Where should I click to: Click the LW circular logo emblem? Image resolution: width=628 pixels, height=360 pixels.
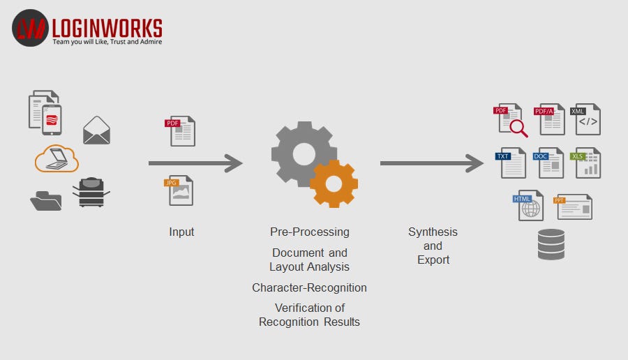click(29, 28)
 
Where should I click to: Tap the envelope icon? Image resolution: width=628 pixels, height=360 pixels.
click(96, 130)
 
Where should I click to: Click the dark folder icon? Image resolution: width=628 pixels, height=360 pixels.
click(45, 200)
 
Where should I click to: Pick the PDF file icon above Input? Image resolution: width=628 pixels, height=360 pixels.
click(181, 131)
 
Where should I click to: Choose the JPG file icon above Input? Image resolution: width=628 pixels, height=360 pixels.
click(181, 190)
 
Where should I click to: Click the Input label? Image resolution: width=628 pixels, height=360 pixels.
click(181, 232)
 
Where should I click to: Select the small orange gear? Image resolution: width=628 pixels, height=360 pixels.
click(334, 183)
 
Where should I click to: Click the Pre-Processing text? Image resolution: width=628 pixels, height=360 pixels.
click(309, 232)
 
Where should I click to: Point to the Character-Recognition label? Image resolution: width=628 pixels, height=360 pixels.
click(309, 287)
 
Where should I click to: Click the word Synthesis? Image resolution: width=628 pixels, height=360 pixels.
click(433, 232)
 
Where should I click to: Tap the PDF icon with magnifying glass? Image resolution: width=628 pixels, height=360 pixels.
click(511, 120)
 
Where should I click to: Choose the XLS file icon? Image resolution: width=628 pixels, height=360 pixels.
click(586, 163)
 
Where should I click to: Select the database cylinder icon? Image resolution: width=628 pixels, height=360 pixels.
click(551, 244)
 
